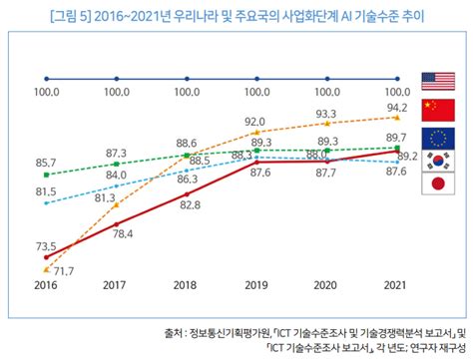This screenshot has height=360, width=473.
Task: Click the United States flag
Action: (x=438, y=80)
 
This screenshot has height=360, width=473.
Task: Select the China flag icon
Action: (x=438, y=109)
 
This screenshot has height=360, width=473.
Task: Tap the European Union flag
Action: (x=438, y=136)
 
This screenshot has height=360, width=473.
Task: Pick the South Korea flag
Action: (x=438, y=161)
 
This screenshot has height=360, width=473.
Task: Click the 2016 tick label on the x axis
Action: (x=46, y=285)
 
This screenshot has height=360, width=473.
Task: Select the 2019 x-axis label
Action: (x=257, y=285)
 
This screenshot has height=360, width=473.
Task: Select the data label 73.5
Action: (x=46, y=243)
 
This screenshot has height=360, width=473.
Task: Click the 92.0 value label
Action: (x=258, y=121)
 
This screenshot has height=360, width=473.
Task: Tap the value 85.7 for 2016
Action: (x=46, y=162)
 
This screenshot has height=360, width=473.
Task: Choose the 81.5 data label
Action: (x=46, y=190)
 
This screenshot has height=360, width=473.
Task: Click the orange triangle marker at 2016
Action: (x=46, y=268)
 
